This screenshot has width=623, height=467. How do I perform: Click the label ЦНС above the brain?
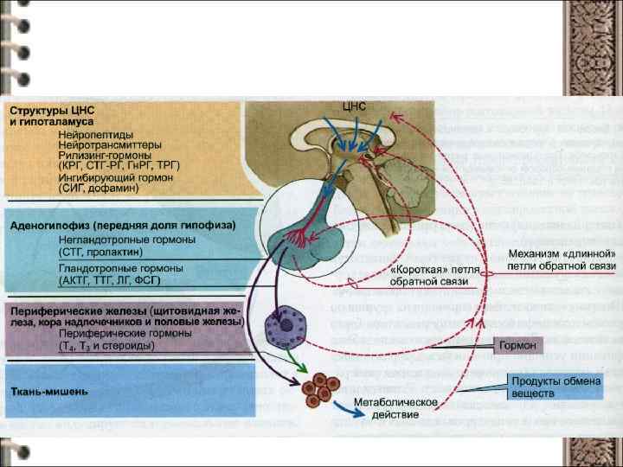point(355,106)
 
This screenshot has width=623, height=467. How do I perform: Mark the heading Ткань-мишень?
point(48,391)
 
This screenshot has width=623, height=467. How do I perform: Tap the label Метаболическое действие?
point(395,408)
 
